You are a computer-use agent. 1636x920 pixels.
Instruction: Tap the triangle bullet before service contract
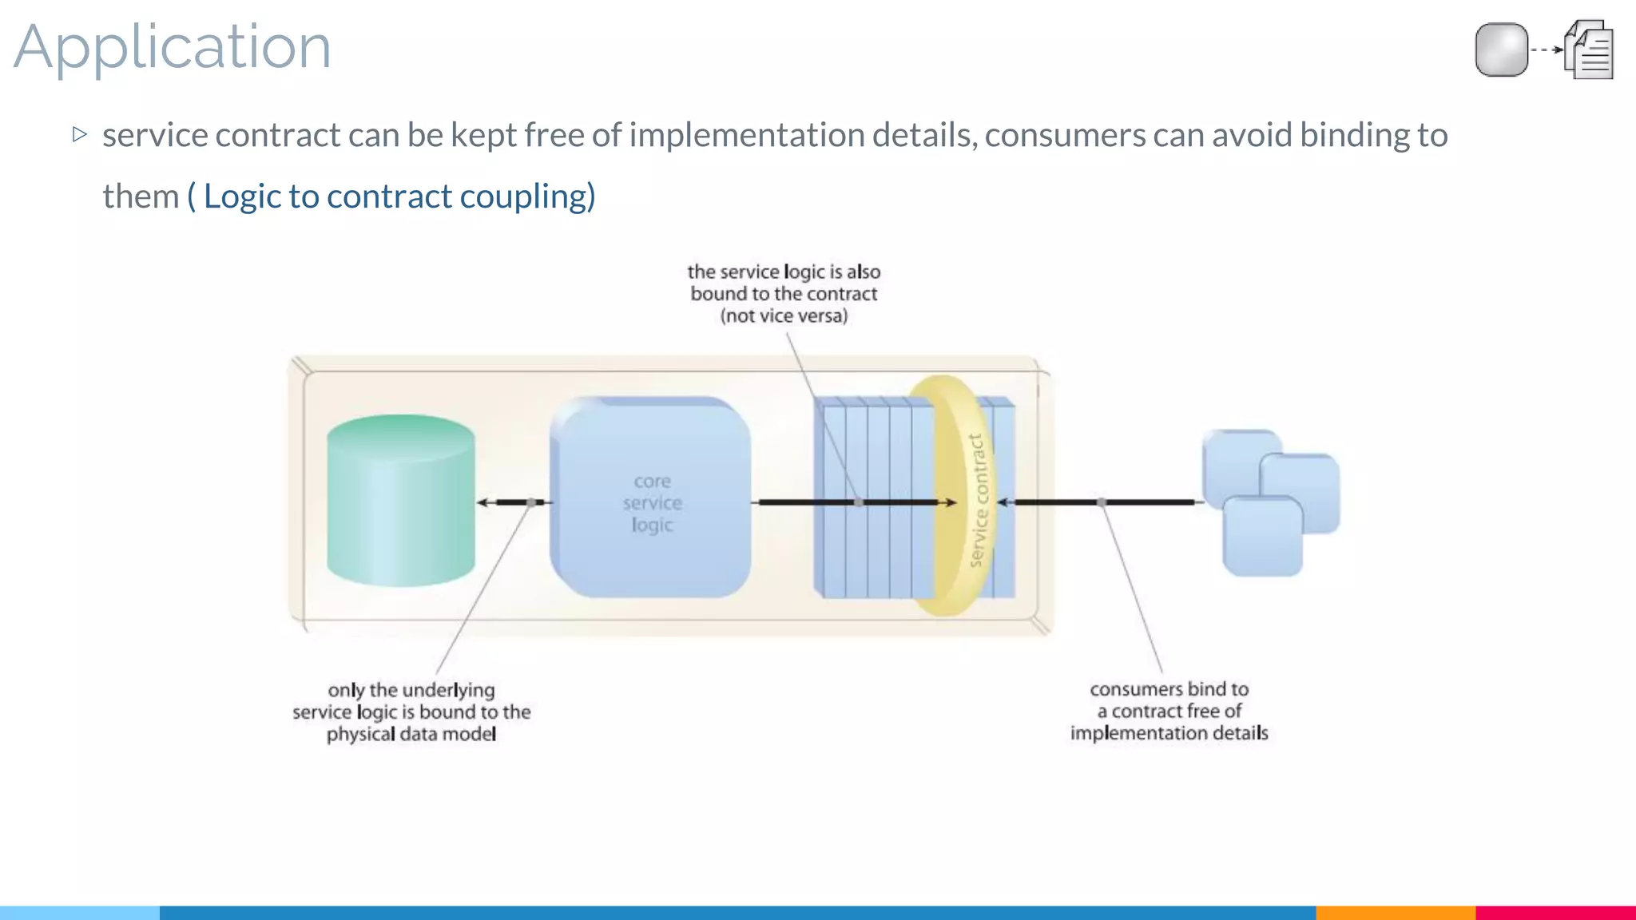pos(79,134)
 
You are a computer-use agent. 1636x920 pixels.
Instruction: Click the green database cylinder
pos(401,502)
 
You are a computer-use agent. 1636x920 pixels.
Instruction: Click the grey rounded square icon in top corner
pos(1501,50)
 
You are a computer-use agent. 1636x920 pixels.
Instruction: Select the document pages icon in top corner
pos(1590,50)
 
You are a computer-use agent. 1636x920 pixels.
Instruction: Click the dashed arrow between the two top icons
pos(1547,50)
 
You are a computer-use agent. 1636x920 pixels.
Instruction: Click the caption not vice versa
pos(784,316)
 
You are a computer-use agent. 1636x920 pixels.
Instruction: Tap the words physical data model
pos(411,734)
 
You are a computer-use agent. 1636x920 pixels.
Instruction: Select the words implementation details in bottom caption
pos(1169,733)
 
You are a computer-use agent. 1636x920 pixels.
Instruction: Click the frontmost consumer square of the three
pos(1262,537)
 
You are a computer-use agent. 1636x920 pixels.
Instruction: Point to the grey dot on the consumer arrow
pos(1102,502)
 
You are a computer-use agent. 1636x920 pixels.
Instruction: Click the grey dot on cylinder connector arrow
pos(531,502)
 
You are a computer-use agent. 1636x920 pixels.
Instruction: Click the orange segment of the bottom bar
pos(1395,913)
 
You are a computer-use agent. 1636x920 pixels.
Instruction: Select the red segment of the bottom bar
pos(1555,913)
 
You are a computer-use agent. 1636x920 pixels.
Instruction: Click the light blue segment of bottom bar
pos(80,913)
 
